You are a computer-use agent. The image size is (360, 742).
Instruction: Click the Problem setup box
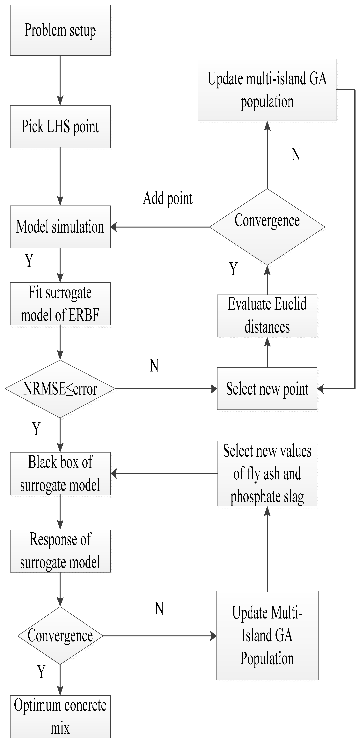coord(60,30)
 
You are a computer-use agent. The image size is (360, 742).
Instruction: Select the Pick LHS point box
coord(60,127)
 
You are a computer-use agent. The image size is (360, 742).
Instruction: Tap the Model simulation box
coord(60,227)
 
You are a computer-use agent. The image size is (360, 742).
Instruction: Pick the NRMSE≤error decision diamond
coord(60,389)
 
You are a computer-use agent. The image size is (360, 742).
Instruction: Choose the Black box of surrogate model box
coord(60,474)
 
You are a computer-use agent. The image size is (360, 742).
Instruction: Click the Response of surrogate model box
coord(60,551)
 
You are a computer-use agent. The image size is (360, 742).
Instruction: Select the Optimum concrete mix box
coord(60,717)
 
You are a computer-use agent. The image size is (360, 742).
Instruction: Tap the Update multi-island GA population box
coord(267,90)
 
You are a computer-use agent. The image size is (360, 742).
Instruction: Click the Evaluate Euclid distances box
coord(267,316)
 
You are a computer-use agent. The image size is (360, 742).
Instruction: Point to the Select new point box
coord(267,389)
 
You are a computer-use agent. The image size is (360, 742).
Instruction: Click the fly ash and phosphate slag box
coord(267,474)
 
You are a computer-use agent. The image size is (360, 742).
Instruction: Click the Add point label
coord(168,199)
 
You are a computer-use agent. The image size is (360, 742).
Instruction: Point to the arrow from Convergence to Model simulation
coord(160,227)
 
